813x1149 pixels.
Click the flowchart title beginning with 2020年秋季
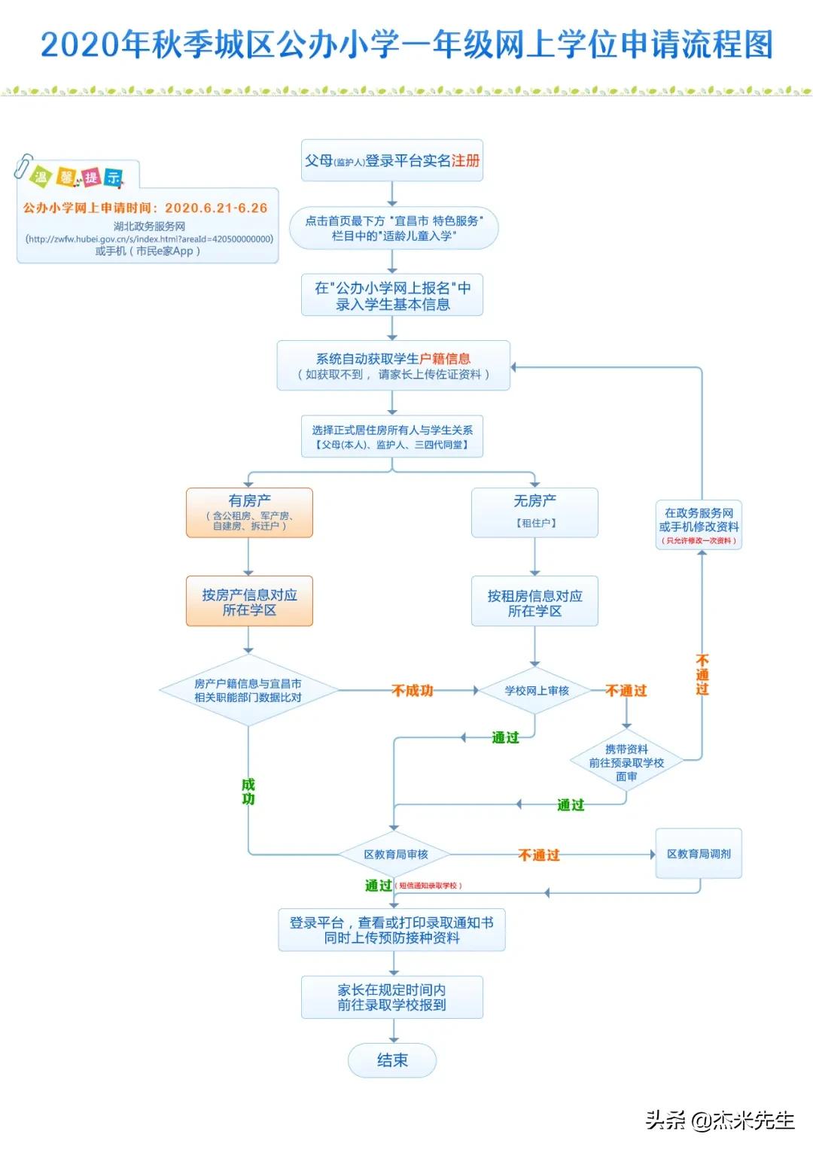point(406,45)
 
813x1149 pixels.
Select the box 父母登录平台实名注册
point(391,160)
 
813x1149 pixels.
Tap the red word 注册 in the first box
point(465,160)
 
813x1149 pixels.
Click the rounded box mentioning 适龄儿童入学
point(394,228)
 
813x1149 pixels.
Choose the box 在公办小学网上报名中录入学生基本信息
point(392,296)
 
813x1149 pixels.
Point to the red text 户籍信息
point(445,359)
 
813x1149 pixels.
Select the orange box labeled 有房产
point(249,512)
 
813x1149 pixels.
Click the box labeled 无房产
point(534,512)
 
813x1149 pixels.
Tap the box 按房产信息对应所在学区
point(249,602)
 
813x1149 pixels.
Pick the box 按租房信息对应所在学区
point(534,603)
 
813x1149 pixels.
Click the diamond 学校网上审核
point(536,691)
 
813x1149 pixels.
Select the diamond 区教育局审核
point(395,855)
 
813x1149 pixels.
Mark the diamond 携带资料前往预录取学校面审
point(626,762)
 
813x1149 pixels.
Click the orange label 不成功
point(413,691)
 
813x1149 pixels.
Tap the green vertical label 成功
point(248,792)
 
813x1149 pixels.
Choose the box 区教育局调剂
point(699,854)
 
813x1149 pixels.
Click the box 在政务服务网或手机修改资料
point(699,524)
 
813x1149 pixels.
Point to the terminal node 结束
point(392,1060)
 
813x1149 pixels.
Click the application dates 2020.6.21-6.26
point(216,208)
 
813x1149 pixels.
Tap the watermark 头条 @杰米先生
point(720,1120)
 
